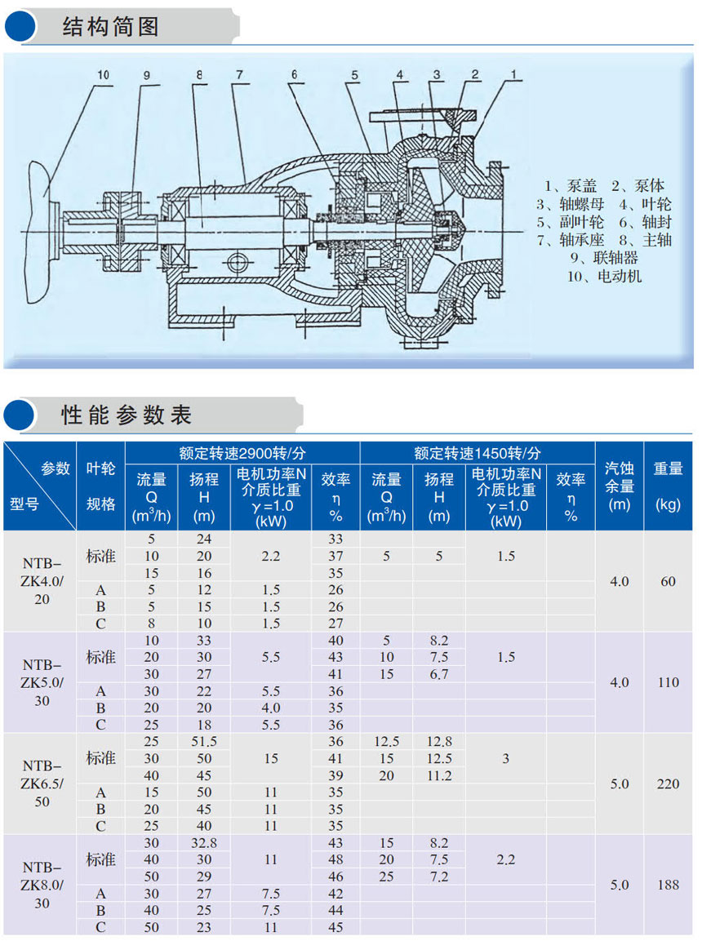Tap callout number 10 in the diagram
tap(102, 75)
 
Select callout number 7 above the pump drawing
tap(239, 75)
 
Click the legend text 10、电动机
tap(605, 276)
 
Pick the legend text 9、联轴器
tap(605, 257)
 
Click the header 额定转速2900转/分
tap(242, 454)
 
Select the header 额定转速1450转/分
tap(478, 454)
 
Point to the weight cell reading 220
tap(668, 783)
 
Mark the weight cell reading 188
tap(668, 885)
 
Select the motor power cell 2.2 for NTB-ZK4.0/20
tap(271, 556)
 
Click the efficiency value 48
tap(335, 859)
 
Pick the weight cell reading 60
tap(668, 581)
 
